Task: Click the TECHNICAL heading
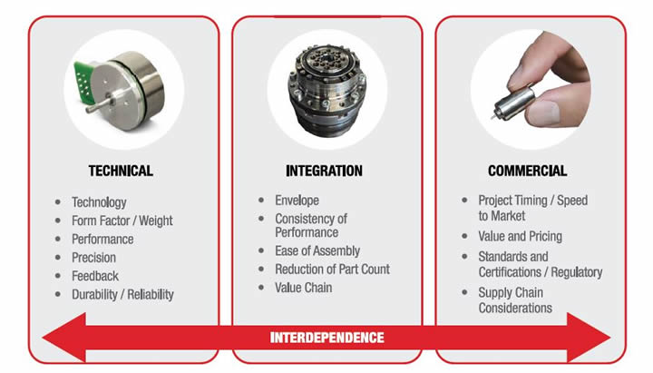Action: point(121,171)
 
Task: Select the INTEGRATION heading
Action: point(324,171)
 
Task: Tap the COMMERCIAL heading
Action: point(527,171)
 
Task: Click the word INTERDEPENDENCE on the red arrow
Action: point(326,338)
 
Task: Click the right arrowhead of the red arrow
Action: point(589,338)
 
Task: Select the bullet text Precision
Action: point(93,258)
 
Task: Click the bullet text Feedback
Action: point(95,276)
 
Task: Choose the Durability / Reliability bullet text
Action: point(122,295)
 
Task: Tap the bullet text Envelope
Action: point(297,201)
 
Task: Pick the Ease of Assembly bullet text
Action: point(317,250)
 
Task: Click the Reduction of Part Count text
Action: point(332,270)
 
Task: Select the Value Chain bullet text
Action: point(303,288)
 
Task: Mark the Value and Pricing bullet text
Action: point(521,236)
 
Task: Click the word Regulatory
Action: point(577,272)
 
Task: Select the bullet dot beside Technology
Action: point(58,202)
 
